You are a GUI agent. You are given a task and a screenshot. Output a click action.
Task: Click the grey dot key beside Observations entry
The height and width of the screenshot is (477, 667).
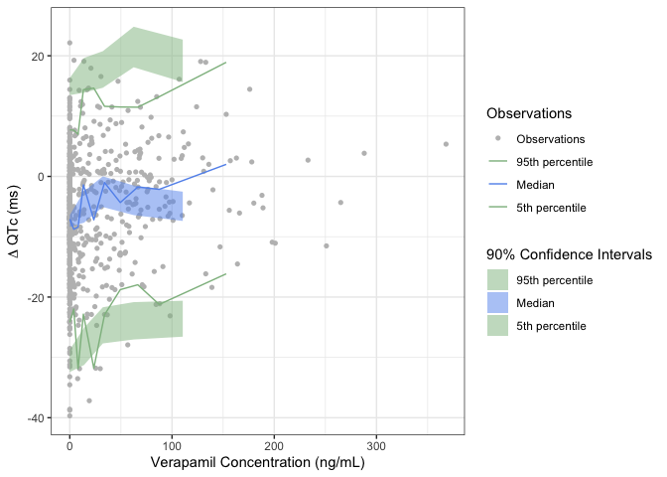(x=497, y=139)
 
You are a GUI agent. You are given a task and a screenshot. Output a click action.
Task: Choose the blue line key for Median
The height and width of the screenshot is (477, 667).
(x=497, y=185)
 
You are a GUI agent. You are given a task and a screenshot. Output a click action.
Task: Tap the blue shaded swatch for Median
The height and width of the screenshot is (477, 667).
(x=497, y=303)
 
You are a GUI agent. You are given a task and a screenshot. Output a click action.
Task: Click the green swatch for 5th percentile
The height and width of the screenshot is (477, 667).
(x=497, y=326)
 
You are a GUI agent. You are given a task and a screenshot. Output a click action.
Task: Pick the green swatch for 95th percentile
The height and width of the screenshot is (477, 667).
(x=497, y=280)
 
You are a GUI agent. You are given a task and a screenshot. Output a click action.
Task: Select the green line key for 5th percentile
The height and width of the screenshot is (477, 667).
(x=497, y=208)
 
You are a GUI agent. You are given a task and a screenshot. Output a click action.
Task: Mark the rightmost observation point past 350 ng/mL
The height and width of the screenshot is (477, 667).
(x=446, y=144)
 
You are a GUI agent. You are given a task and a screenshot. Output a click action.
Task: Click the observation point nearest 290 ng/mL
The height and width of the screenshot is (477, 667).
(x=364, y=153)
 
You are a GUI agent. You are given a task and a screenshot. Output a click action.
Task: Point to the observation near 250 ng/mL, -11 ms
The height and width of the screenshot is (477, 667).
(x=327, y=245)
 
